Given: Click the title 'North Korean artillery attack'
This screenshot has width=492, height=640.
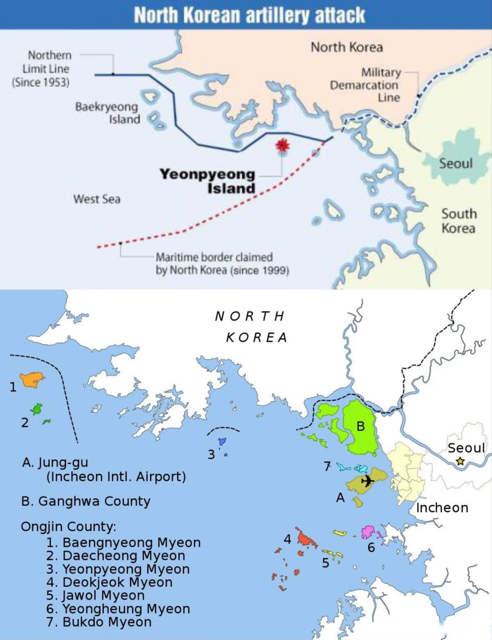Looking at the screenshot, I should coord(249,15).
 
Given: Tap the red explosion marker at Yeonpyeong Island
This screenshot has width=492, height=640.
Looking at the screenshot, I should coord(283,145).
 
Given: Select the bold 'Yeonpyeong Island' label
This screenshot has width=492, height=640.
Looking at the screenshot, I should coord(207,181).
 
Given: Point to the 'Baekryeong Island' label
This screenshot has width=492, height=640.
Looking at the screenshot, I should coord(107,113).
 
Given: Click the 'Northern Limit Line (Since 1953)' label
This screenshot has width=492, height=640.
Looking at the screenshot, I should coord(41,68).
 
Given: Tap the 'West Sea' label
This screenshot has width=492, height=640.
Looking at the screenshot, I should coord(97,199).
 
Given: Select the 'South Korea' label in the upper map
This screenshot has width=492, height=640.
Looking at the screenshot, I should coord(458,220).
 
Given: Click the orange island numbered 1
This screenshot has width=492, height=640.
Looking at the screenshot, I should coord(32,379).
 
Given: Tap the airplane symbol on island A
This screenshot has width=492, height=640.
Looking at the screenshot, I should coord(368,481).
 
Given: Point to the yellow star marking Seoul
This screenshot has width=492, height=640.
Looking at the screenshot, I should coord(460,461).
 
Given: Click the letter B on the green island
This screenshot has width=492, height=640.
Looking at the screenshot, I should coord(360,427).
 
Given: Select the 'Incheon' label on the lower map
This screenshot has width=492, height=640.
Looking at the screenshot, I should coord(442,507).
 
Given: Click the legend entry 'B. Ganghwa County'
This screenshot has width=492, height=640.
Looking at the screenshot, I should coord(86,501).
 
